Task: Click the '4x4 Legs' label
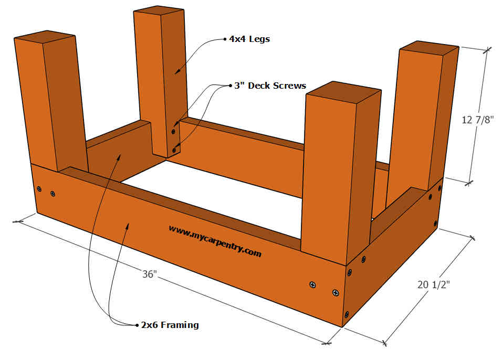tap(249, 39)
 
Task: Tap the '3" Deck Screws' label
tap(270, 85)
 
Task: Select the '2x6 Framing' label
tap(170, 325)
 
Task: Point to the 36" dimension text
tap(150, 273)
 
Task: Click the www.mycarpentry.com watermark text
tap(215, 241)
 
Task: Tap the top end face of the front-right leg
tap(343, 92)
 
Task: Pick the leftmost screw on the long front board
tap(39, 187)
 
